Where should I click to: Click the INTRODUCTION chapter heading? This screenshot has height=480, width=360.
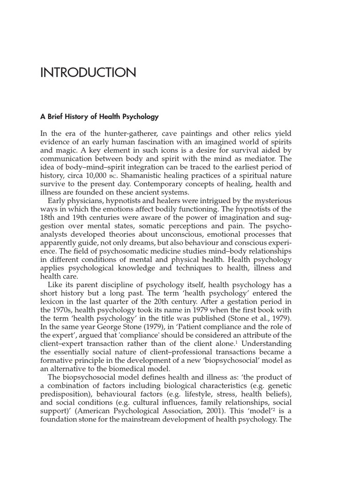point(89,73)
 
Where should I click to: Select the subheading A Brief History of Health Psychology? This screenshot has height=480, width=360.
point(100,117)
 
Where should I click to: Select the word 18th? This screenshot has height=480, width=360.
point(49,217)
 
